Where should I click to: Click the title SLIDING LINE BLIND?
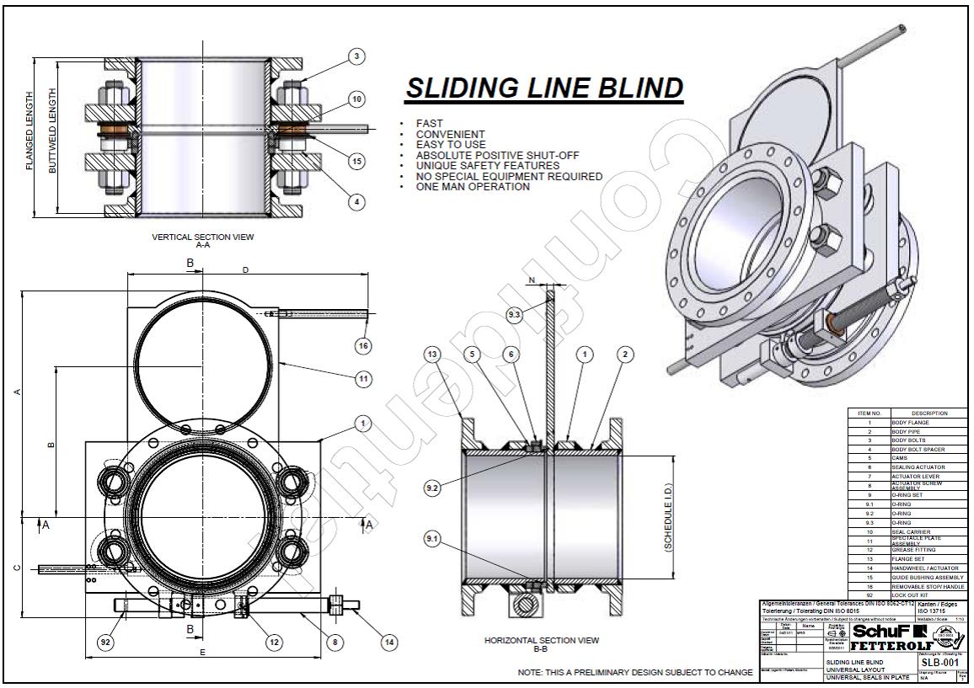[543, 88]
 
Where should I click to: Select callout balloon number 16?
[363, 345]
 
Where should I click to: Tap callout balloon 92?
[105, 643]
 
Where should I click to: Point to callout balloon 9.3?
[515, 315]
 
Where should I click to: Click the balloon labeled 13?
[432, 355]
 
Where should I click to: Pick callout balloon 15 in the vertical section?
[356, 161]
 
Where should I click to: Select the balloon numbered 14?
[388, 643]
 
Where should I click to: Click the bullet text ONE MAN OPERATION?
[473, 187]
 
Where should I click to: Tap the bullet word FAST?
[429, 124]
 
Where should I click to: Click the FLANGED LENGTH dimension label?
[30, 131]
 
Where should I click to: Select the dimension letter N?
[532, 279]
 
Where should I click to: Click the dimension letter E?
[202, 653]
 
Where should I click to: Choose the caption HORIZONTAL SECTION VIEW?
[542, 641]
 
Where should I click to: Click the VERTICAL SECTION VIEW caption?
[202, 237]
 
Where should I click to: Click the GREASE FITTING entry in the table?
[910, 550]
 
